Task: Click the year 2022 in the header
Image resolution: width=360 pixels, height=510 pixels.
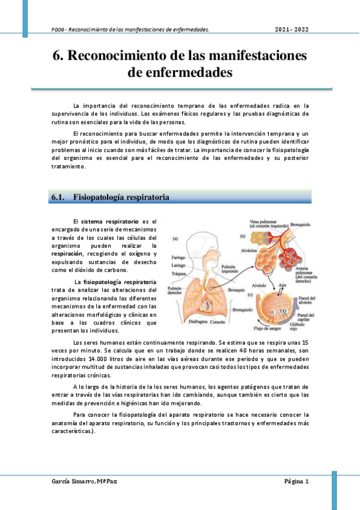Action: click(301, 29)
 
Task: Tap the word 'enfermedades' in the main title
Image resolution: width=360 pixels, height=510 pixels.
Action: click(180, 73)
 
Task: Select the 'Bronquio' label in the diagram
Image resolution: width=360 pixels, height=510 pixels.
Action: click(234, 291)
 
